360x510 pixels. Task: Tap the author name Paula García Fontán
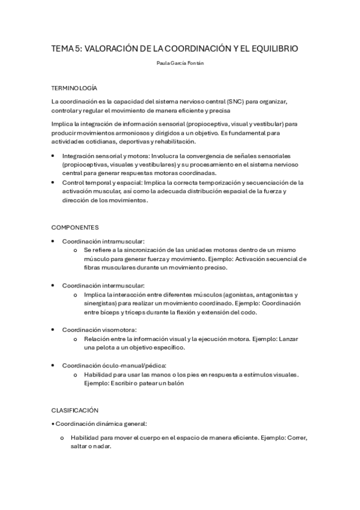tap(180, 63)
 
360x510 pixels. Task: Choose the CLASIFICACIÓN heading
tap(75, 410)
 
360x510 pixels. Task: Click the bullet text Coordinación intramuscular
tap(103, 241)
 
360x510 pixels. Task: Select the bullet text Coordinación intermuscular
tap(103, 286)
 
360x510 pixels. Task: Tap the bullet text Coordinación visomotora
tap(100, 330)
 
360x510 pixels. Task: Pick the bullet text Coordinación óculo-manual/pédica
tap(114, 365)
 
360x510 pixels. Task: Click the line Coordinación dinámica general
tap(101, 424)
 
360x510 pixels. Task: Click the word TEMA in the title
tap(63, 48)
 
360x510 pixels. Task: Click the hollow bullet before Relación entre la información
tap(75, 339)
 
